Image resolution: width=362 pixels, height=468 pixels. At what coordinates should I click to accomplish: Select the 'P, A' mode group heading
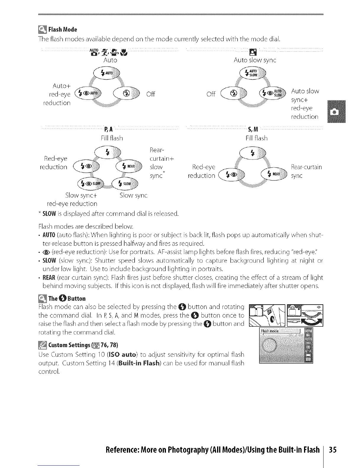(x=109, y=129)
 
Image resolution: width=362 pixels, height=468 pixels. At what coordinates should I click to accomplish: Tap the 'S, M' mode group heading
(x=253, y=129)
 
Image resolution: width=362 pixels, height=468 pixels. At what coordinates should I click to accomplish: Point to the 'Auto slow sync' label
(x=255, y=60)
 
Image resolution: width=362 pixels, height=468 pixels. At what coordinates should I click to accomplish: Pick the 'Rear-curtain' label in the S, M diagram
(x=306, y=167)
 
